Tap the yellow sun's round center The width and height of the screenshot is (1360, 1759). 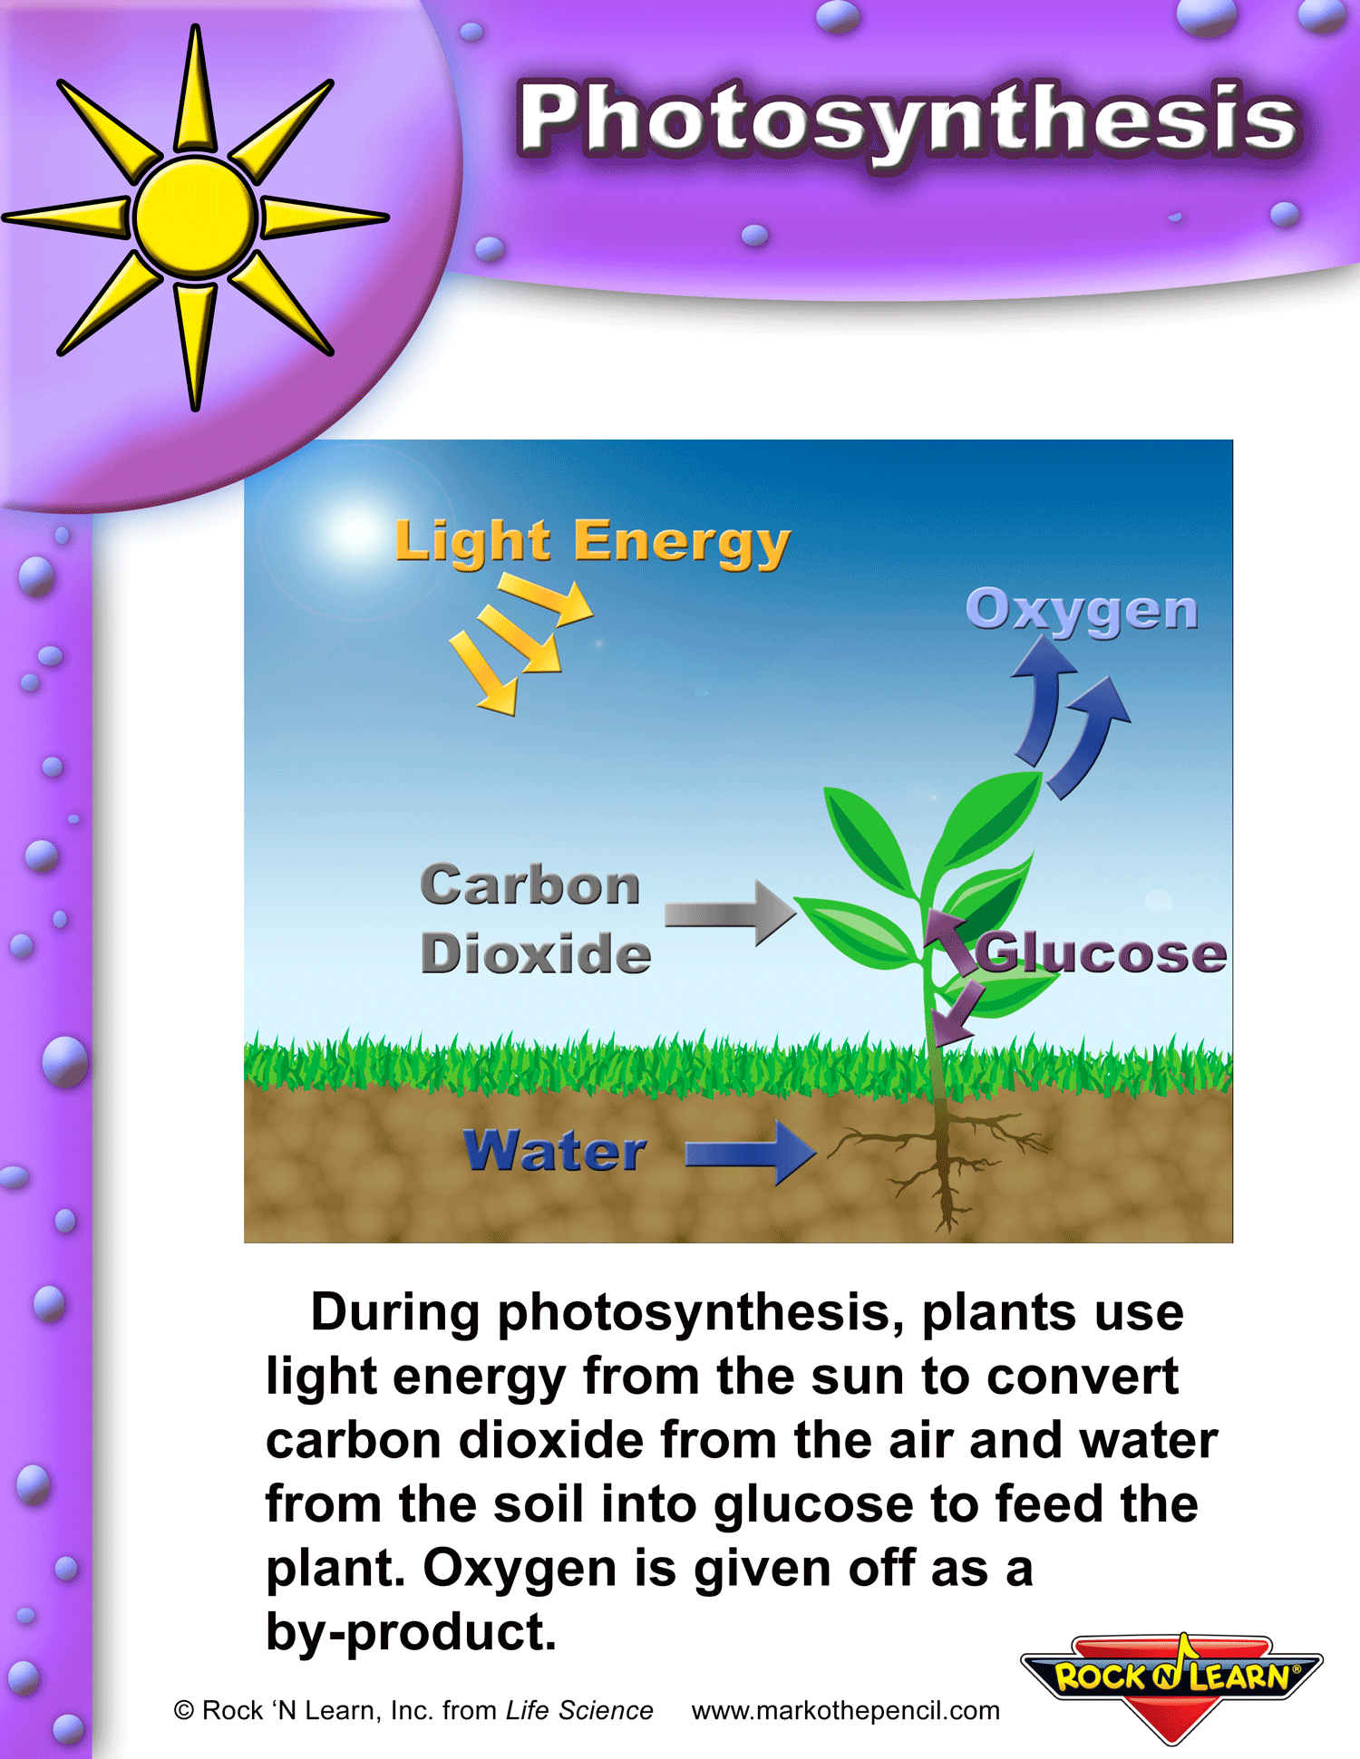196,217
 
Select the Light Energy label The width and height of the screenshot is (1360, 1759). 593,544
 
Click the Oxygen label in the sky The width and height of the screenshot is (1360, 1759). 1082,611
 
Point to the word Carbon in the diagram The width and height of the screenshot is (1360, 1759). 530,884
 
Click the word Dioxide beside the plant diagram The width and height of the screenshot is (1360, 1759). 536,953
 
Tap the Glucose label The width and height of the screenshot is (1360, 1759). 1102,953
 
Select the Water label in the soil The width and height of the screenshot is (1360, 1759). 555,1151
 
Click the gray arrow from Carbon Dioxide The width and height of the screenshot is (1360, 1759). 731,913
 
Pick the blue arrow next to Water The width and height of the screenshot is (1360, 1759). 751,1153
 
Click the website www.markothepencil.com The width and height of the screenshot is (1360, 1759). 845,1710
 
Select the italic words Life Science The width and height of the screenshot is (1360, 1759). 579,1710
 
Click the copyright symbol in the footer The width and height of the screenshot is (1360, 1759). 184,1710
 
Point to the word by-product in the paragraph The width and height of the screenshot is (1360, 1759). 411,1632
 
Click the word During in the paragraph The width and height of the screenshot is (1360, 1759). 395,1313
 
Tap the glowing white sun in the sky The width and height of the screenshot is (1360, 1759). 352,532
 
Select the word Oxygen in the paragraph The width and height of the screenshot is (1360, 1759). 520,1569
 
